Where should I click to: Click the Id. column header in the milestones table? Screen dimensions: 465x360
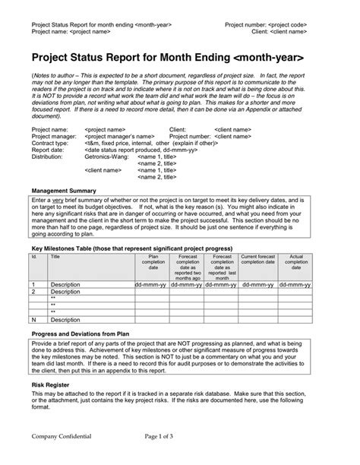click(34, 258)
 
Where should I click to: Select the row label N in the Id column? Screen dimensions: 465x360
click(33, 320)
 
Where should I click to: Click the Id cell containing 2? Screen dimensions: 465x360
click(33, 291)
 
